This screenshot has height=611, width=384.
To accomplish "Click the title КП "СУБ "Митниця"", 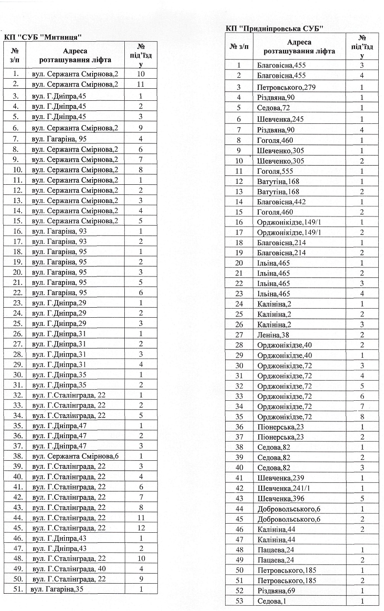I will point(41,37).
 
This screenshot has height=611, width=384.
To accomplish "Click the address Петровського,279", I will point(280,87).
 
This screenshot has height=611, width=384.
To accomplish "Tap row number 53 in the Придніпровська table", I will point(239,600).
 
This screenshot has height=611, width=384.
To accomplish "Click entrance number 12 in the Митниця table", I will point(141,527).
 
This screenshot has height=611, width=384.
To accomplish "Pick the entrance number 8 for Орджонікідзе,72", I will point(362,417).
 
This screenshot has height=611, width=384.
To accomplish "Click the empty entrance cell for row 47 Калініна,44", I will point(362,539).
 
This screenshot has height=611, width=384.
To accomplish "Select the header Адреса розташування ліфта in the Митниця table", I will point(75,56).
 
